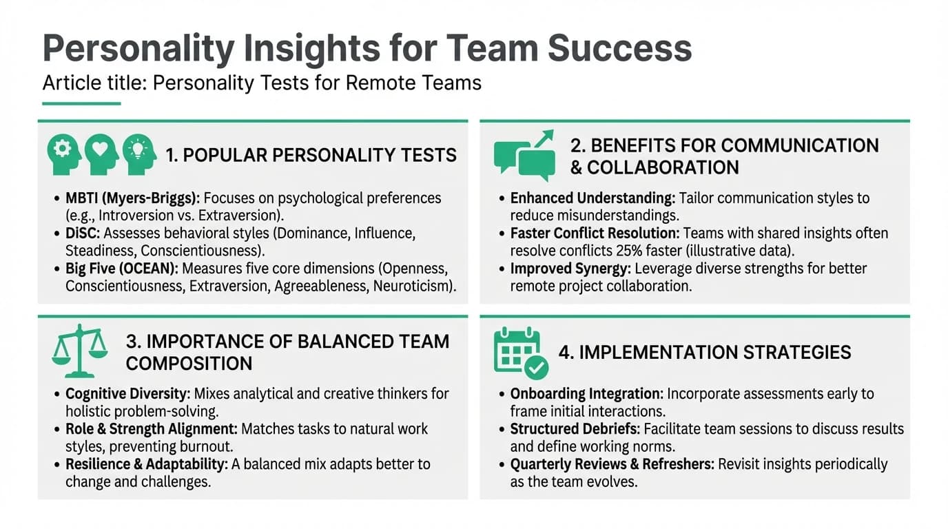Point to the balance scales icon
(x=80, y=351)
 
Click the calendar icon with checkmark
(x=521, y=353)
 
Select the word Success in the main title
(x=619, y=48)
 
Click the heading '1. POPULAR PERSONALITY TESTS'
(x=311, y=155)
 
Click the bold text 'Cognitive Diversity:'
(x=127, y=394)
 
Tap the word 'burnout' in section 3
(x=207, y=446)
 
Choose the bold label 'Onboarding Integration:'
(x=586, y=394)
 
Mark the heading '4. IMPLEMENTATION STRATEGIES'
(x=705, y=352)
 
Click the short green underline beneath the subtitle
(x=81, y=104)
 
